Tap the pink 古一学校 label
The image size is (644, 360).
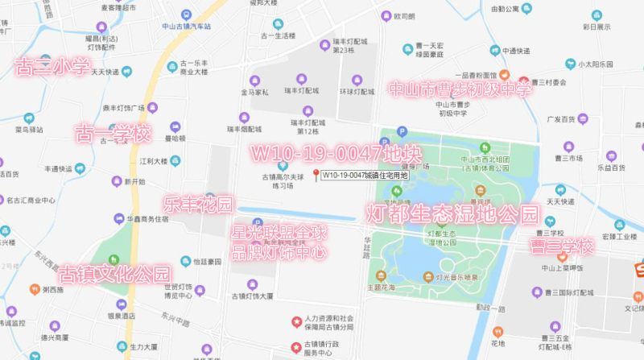[113, 133]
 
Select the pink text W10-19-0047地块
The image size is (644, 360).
[324, 152]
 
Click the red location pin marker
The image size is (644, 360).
[315, 175]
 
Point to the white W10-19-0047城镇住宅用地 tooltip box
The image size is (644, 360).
[364, 175]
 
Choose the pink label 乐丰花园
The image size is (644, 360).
[197, 203]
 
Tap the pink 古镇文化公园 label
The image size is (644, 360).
[115, 274]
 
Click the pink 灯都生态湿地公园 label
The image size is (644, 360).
[452, 214]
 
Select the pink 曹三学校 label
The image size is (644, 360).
[561, 246]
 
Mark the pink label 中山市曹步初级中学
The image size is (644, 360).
[460, 88]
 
